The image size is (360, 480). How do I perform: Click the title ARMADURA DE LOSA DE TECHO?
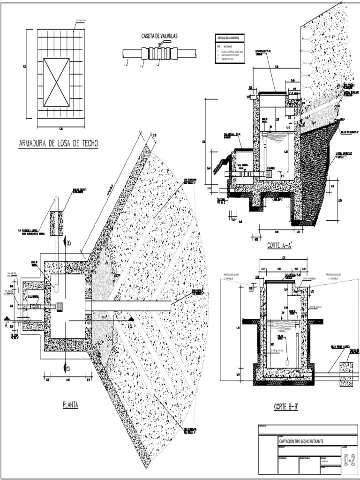[58, 144]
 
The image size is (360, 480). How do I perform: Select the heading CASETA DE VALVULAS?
[160, 36]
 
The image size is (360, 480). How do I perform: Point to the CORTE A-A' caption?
[279, 245]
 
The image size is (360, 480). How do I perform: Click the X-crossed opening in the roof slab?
[56, 82]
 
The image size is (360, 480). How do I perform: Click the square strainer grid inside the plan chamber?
[59, 306]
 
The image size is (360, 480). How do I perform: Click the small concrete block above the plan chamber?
[57, 223]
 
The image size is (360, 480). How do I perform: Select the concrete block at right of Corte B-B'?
[346, 374]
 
